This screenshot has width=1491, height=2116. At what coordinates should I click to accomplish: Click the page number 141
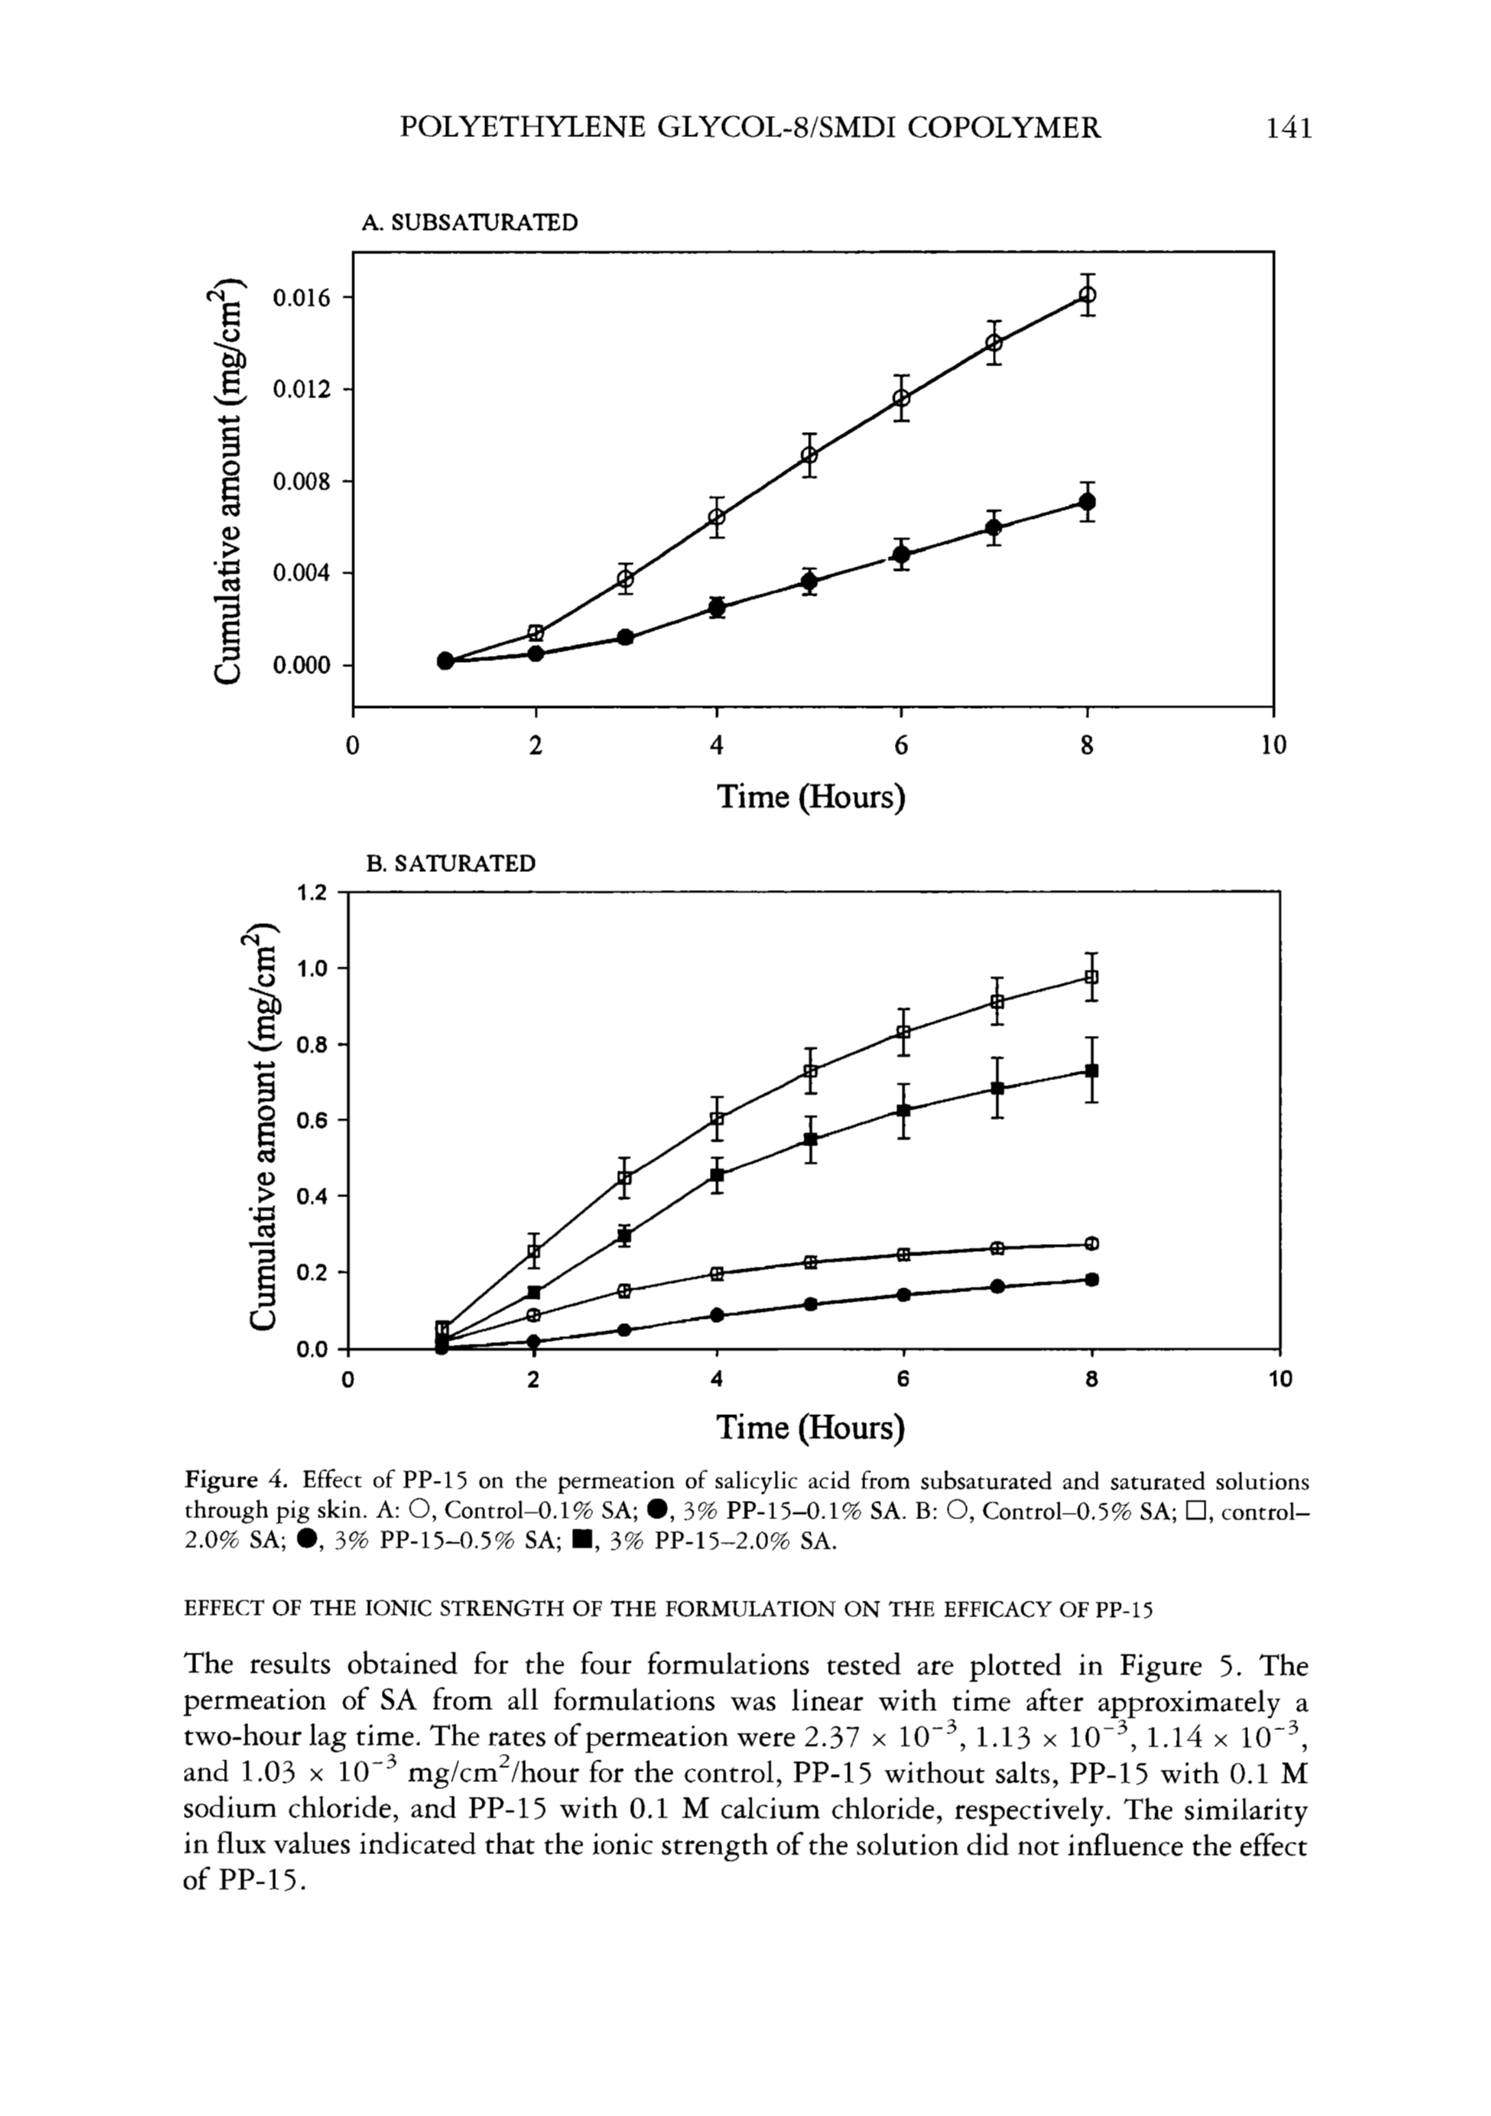tap(1288, 128)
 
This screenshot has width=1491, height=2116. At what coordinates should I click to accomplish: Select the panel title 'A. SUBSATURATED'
tap(470, 222)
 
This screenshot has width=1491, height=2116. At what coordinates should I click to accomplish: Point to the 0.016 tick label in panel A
tap(299, 298)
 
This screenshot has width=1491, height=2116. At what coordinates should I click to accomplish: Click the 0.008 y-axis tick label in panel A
tap(299, 482)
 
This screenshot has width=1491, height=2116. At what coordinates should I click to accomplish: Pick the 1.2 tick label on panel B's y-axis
tap(312, 892)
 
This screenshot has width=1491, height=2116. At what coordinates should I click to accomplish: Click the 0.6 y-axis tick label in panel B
tap(312, 1120)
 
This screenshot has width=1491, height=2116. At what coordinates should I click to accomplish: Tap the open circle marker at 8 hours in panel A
tap(1087, 295)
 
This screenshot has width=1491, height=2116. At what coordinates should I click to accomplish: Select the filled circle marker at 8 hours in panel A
tap(1087, 501)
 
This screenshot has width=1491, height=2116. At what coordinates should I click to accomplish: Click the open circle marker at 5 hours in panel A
tap(810, 455)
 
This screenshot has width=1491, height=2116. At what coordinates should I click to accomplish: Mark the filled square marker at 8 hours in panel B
tap(1092, 1071)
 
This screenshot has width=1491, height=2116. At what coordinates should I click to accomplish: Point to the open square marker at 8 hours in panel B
tap(1092, 976)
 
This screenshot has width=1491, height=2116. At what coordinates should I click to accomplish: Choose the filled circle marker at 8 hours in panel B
tap(1092, 1279)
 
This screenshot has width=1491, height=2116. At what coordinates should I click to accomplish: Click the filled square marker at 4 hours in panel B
tap(718, 1175)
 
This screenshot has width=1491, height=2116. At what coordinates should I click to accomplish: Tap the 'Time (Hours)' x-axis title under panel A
tap(811, 796)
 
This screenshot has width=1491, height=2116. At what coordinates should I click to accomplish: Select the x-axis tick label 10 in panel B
tap(1281, 1379)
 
